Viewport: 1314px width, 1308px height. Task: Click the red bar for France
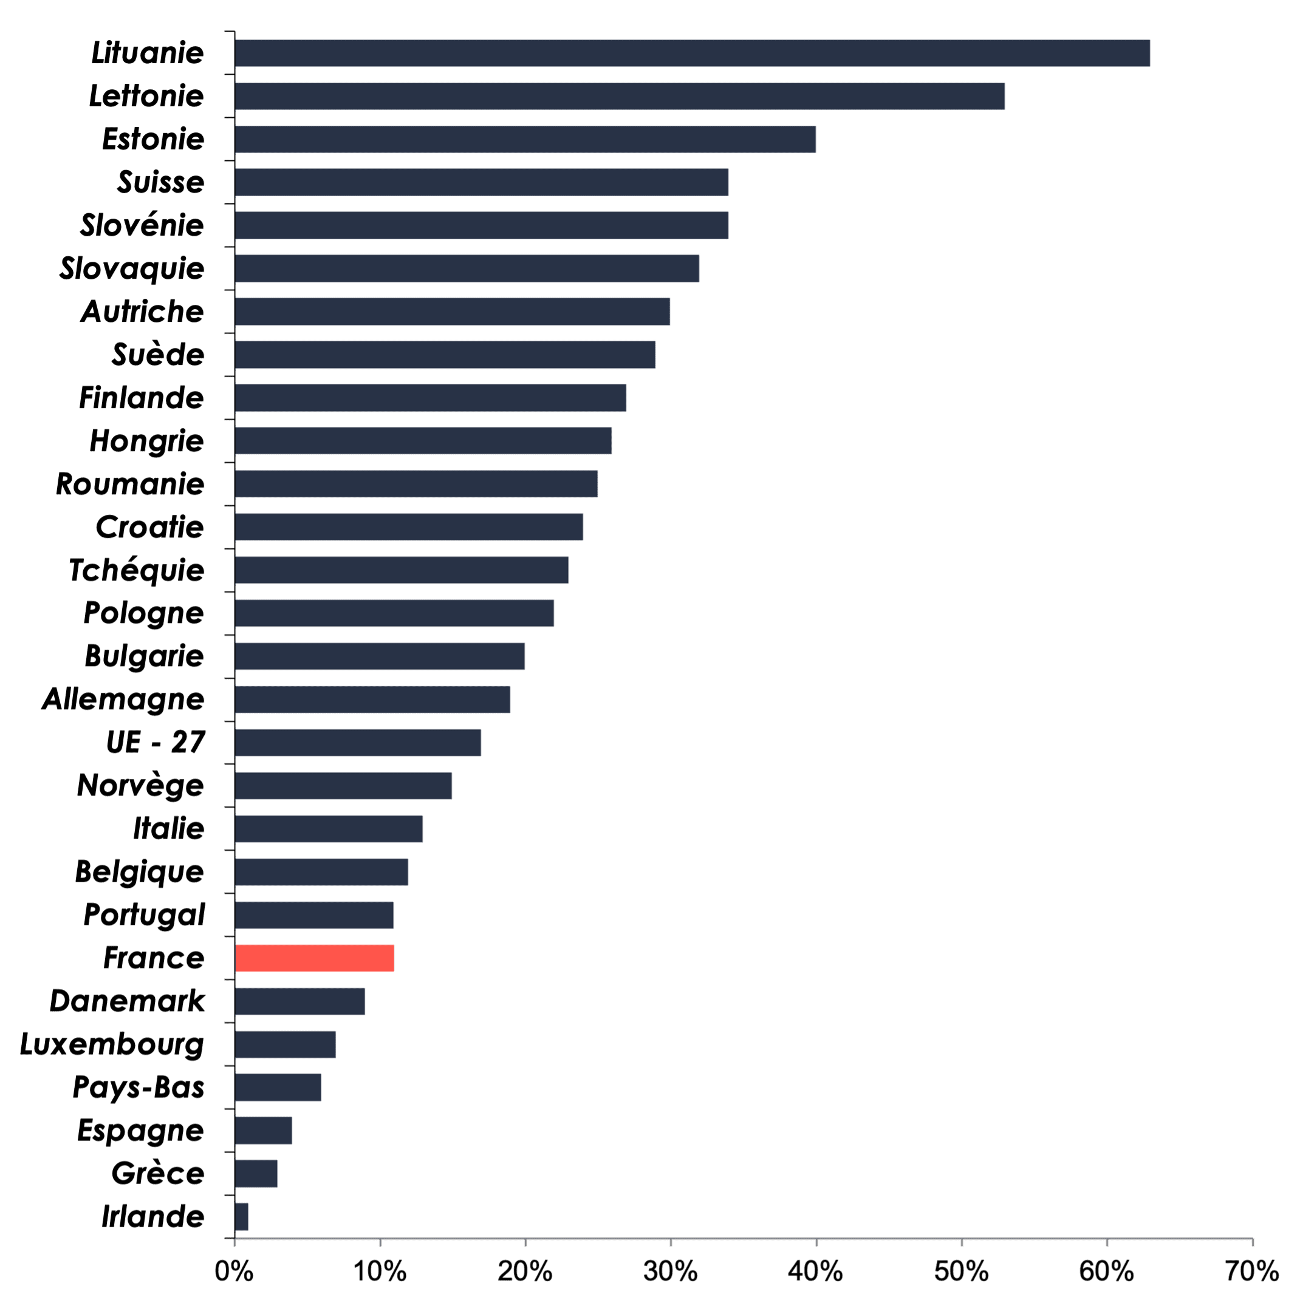315,958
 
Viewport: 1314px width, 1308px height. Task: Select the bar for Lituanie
693,53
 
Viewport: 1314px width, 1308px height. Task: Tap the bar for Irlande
242,1216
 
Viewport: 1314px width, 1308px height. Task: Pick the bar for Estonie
525,140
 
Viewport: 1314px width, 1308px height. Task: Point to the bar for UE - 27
358,743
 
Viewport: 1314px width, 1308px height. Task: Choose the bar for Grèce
256,1173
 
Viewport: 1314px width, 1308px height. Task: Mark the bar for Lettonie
620,96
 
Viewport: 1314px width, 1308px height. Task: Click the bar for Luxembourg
286,1044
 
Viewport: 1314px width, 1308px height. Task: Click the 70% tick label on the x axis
1252,1270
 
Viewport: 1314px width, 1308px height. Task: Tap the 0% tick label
234,1270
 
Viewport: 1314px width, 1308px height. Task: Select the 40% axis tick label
815,1270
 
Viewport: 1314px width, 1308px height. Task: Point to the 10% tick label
380,1270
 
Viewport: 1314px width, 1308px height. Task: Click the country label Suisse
160,182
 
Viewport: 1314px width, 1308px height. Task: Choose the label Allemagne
123,700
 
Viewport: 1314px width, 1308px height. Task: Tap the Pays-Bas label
138,1088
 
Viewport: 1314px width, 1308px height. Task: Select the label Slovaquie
132,269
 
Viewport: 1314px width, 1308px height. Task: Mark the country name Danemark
127,1001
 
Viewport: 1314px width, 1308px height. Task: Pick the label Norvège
140,786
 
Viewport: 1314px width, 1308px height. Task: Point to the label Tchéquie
136,570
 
